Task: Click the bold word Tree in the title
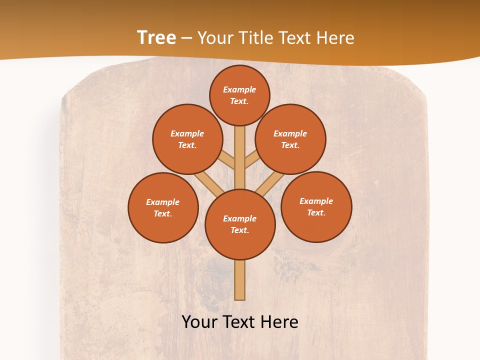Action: pos(156,37)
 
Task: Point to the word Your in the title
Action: pos(215,38)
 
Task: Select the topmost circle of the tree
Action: pos(239,95)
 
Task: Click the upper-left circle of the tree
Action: pos(187,139)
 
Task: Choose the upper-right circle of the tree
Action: pos(290,139)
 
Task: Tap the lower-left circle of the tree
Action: pos(163,207)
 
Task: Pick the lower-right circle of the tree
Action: pos(316,206)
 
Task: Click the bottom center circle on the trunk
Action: pos(240,224)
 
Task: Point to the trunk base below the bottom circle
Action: pos(240,280)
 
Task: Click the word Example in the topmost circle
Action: pos(239,89)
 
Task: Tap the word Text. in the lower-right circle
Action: pos(316,212)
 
